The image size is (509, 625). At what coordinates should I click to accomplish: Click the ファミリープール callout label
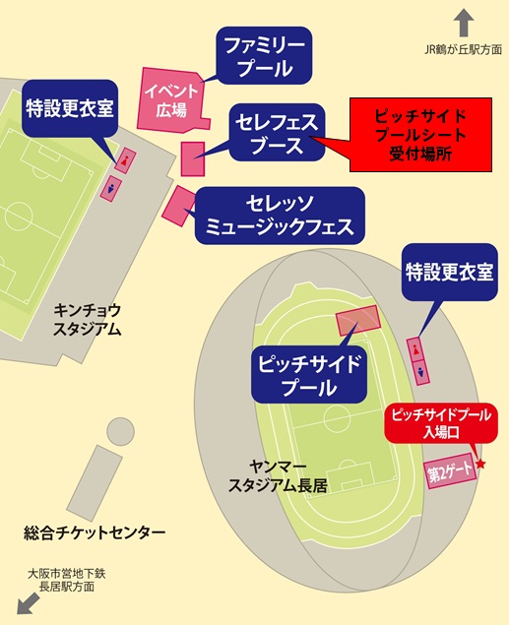pyautogui.click(x=264, y=55)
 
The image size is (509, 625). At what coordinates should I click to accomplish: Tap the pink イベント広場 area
pyautogui.click(x=170, y=100)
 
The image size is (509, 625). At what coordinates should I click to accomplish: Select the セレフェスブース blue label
pyautogui.click(x=277, y=132)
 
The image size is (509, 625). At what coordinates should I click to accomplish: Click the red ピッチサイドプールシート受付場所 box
pyautogui.click(x=420, y=135)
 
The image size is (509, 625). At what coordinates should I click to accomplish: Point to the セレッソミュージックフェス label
pyautogui.click(x=280, y=216)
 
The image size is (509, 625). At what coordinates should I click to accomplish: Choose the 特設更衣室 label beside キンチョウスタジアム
pyautogui.click(x=70, y=108)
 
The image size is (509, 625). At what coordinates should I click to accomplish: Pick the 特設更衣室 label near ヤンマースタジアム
pyautogui.click(x=450, y=273)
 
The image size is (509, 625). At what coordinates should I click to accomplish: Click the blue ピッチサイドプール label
pyautogui.click(x=309, y=374)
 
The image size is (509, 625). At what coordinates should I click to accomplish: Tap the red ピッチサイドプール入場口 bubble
pyautogui.click(x=441, y=423)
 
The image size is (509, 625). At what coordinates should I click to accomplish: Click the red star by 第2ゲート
pyautogui.click(x=481, y=464)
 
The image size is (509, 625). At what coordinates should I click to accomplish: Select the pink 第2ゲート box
pyautogui.click(x=450, y=472)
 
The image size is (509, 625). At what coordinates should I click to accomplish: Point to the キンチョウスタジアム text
pyautogui.click(x=87, y=320)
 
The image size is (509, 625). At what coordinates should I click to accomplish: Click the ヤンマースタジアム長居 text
pyautogui.click(x=278, y=476)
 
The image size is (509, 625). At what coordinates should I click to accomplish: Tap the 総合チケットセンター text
pyautogui.click(x=95, y=532)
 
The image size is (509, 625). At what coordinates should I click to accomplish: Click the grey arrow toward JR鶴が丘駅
pyautogui.click(x=464, y=23)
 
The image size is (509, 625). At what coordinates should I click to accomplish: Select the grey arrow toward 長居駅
pyautogui.click(x=28, y=603)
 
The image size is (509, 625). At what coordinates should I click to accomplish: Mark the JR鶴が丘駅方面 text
pyautogui.click(x=463, y=50)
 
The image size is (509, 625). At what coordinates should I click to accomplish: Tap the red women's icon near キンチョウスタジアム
pyautogui.click(x=126, y=160)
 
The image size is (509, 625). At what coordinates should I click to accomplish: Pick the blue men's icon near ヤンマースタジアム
pyautogui.click(x=421, y=373)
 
